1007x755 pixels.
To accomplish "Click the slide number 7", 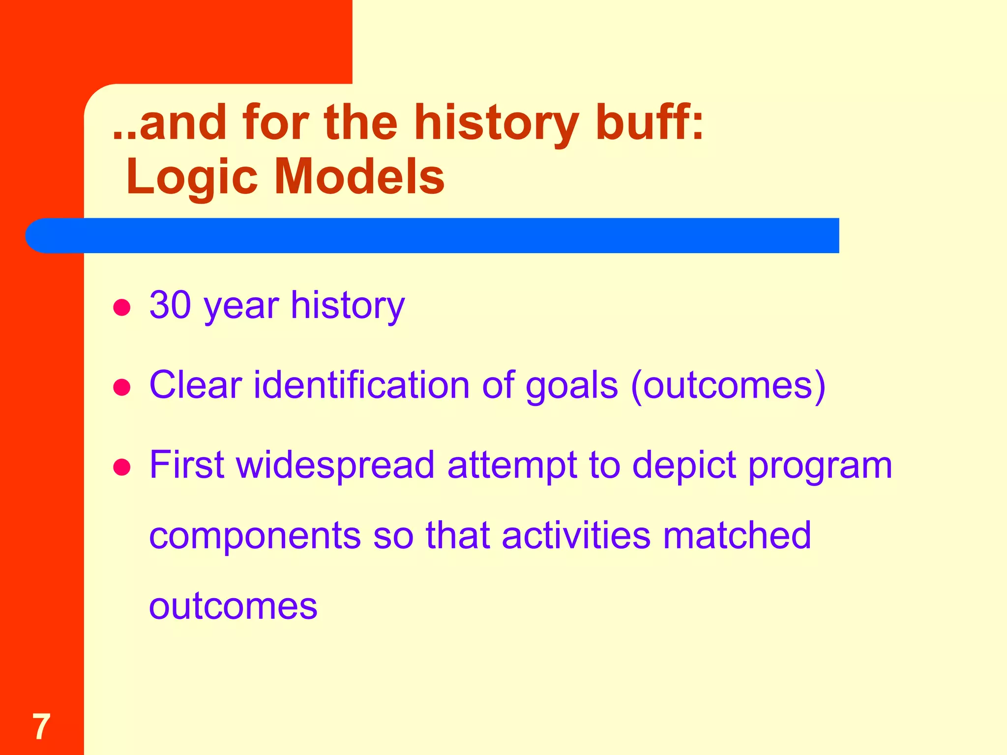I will click(x=41, y=726).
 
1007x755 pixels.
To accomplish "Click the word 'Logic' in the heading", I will click(x=192, y=177).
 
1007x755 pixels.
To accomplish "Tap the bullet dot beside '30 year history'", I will click(x=121, y=308).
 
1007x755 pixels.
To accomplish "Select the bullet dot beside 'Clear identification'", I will click(x=121, y=387).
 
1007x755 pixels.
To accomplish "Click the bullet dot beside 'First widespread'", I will click(x=121, y=467).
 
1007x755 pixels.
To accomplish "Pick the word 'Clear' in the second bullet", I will click(x=196, y=385).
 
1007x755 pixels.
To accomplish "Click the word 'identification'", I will click(x=361, y=385).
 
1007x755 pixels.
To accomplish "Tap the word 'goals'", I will click(x=572, y=386).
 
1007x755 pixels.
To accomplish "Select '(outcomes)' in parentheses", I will click(x=728, y=386).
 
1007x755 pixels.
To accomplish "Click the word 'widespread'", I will click(x=336, y=465).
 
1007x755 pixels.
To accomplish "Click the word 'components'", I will click(x=255, y=536).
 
